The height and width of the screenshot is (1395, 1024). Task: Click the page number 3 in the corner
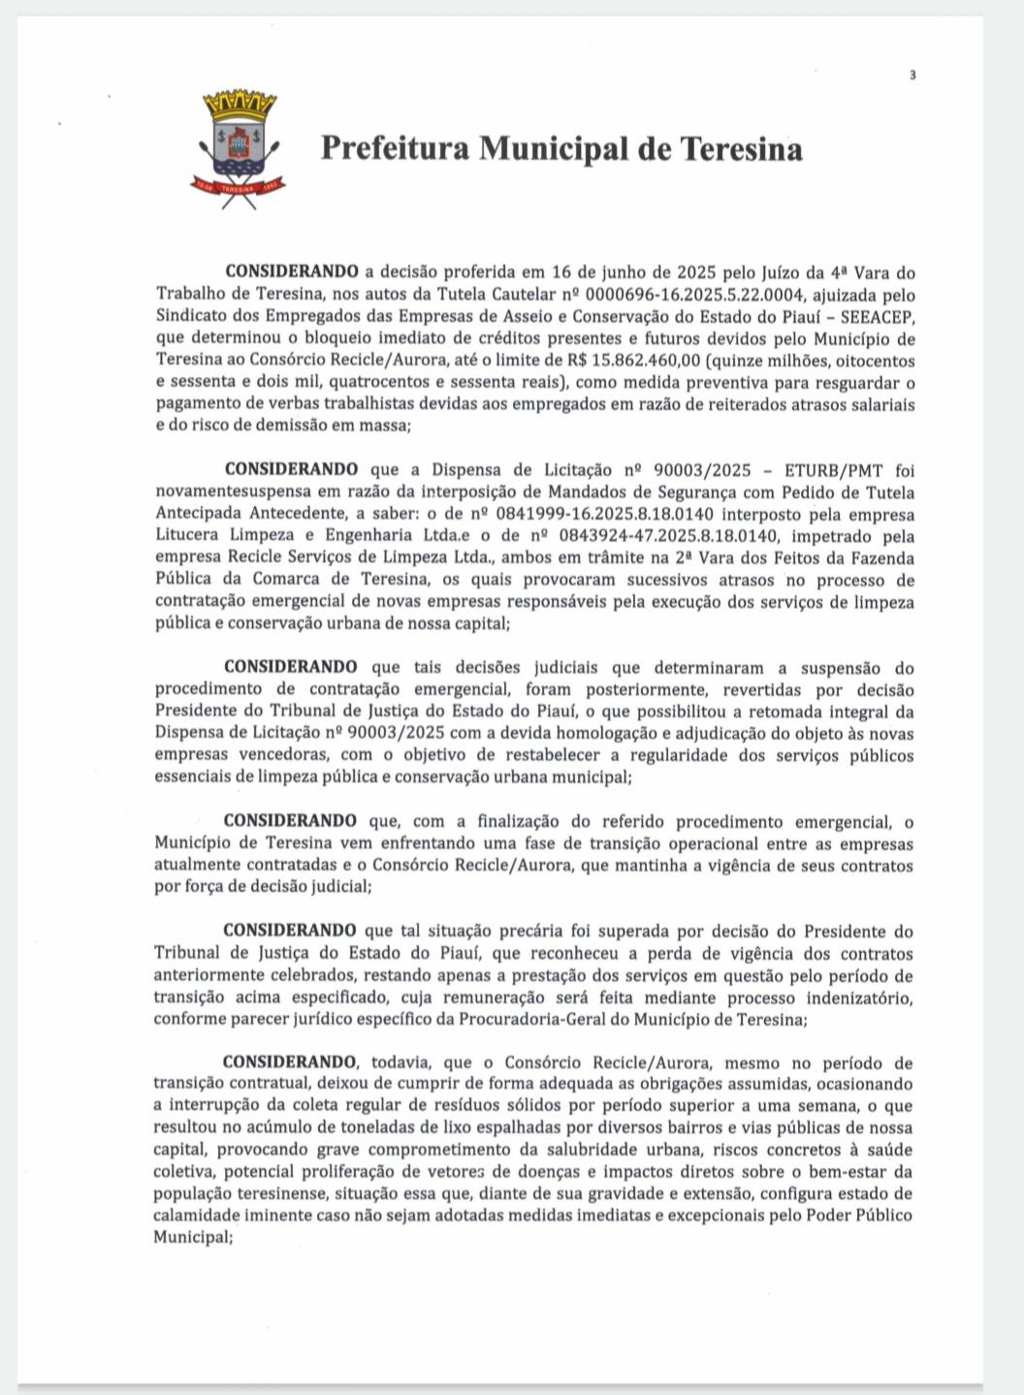click(x=912, y=76)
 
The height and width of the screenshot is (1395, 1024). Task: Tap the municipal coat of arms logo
click(x=239, y=149)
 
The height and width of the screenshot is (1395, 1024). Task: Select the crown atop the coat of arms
click(x=240, y=102)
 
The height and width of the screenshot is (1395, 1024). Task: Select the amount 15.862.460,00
click(x=646, y=361)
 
